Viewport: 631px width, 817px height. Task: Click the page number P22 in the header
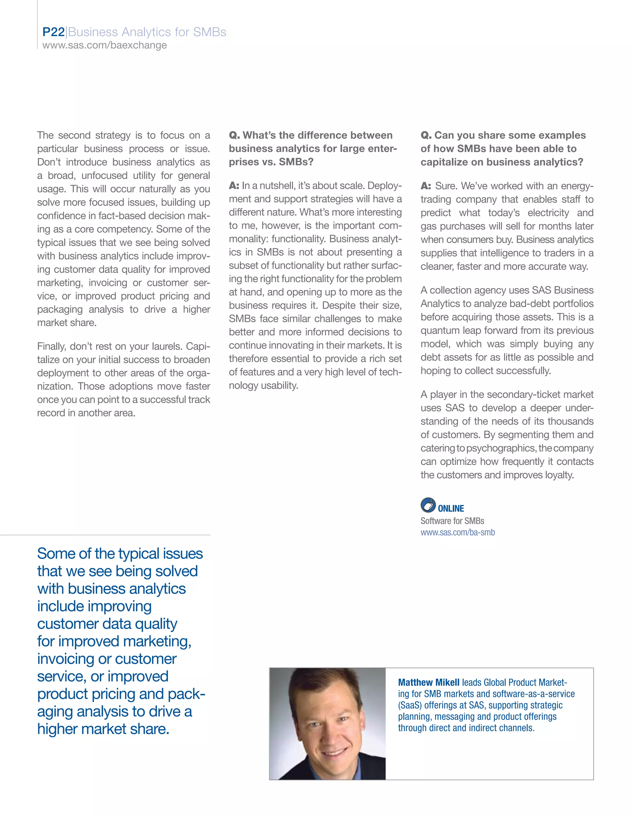click(x=53, y=32)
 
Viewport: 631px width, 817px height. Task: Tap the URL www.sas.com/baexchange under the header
click(x=105, y=45)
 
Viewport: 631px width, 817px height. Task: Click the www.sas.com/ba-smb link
click(x=458, y=532)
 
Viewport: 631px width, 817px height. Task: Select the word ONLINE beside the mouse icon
click(x=451, y=508)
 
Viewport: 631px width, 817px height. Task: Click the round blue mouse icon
click(x=428, y=505)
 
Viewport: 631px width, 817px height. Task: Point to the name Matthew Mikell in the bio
click(x=428, y=682)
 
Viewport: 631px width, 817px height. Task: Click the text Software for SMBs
click(x=452, y=521)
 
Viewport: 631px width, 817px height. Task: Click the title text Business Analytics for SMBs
click(x=147, y=32)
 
